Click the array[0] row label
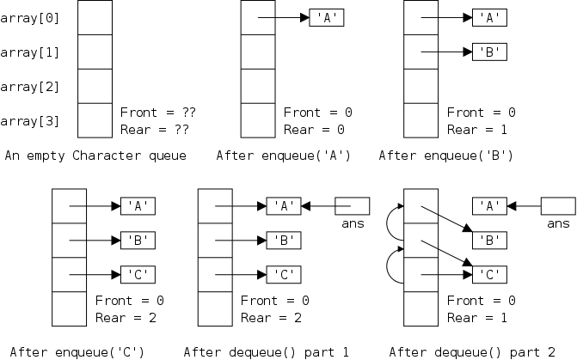30,18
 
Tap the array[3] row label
30,121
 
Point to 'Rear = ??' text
154,130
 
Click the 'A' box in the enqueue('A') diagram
326,18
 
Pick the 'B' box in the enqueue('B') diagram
489,52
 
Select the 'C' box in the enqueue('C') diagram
137,275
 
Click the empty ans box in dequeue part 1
352,206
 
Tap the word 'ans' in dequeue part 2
558,224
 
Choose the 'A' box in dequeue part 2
489,206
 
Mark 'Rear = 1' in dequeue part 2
482,319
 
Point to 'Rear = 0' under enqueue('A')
314,130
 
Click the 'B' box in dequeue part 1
283,241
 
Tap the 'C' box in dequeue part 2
489,275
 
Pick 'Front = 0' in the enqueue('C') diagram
129,302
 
